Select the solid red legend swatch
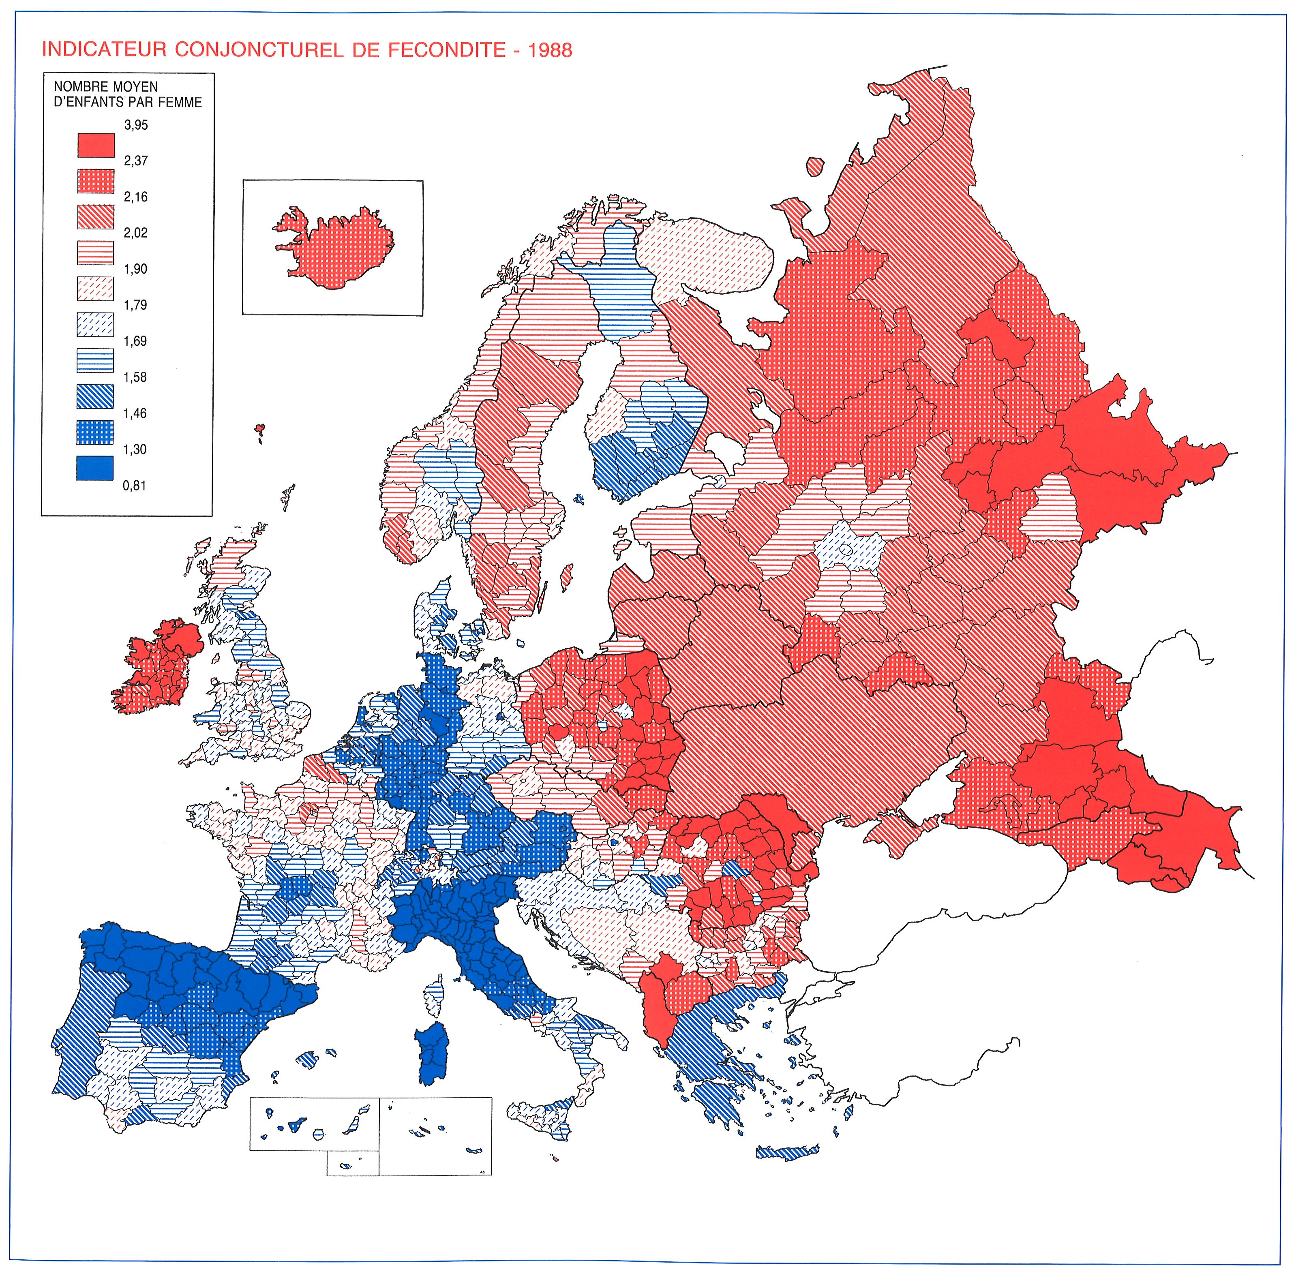95,145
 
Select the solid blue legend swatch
95,468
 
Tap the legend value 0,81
134,485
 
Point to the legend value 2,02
135,233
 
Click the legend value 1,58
135,377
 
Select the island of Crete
786,1153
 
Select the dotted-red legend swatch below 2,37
95,181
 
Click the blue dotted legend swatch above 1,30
95,432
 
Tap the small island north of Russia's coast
815,166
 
